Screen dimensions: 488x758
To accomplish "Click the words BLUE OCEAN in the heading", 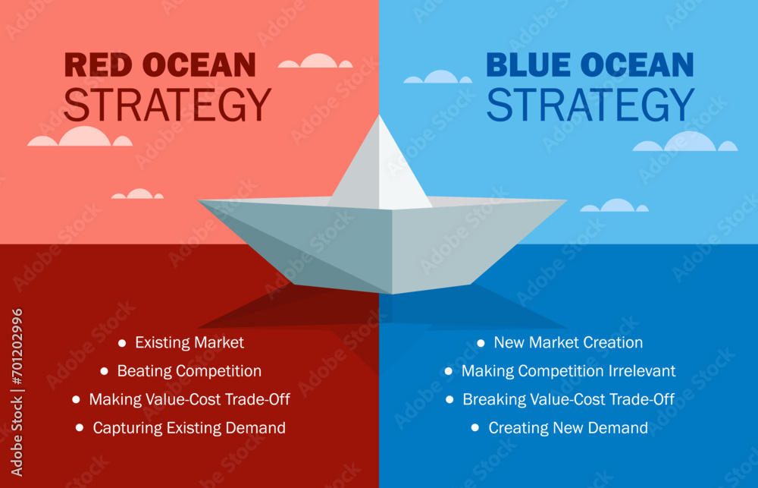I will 590,65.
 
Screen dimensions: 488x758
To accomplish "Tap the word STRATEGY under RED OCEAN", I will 167,105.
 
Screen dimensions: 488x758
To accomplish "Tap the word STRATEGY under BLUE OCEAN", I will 590,105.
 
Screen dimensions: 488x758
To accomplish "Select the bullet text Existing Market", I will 189,343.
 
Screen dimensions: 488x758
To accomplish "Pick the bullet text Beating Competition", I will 189,371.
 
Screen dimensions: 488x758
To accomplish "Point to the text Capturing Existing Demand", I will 189,428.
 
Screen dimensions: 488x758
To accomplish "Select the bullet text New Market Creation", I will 568,343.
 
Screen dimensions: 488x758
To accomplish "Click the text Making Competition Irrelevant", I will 568,371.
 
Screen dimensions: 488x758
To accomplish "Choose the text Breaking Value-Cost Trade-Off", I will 568,399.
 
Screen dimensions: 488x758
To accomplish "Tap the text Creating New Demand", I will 568,428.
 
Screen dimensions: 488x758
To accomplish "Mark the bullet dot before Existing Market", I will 123,343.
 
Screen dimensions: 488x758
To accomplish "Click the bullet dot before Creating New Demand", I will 475,428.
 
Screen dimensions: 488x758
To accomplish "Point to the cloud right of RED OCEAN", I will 315,61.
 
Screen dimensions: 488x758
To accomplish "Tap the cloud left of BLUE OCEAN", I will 438,77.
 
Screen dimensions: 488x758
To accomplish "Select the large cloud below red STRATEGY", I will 80,137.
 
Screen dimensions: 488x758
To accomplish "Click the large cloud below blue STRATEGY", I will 685,142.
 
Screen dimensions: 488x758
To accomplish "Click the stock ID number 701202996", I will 17,357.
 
